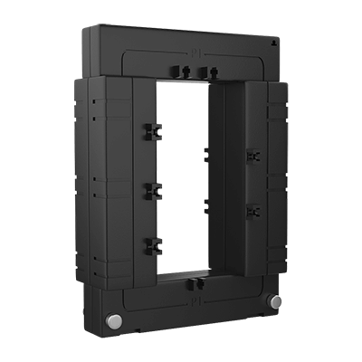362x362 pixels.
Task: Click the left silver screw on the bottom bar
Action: click(x=115, y=322)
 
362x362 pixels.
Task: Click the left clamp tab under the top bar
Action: click(x=174, y=71)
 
